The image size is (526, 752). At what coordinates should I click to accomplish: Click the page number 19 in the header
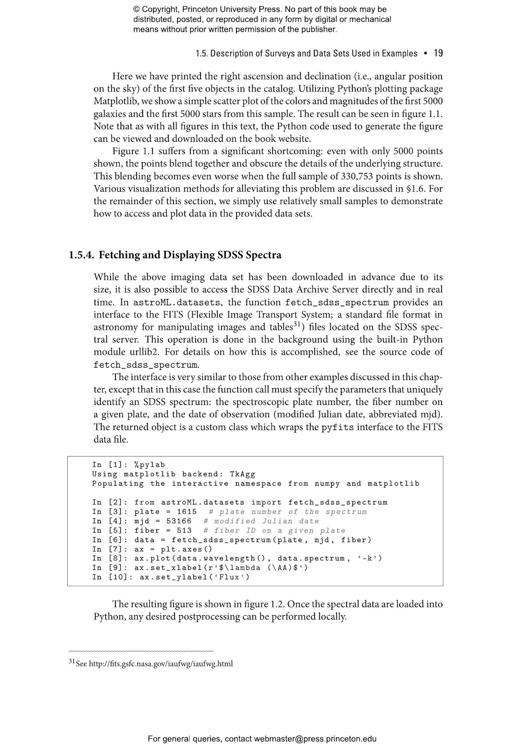tap(438, 53)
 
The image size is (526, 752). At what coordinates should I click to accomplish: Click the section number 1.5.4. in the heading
tap(81, 255)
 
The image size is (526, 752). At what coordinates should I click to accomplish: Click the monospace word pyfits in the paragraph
tap(338, 427)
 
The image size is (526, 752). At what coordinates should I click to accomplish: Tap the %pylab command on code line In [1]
tap(149, 465)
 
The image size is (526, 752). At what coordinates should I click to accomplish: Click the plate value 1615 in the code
tap(187, 512)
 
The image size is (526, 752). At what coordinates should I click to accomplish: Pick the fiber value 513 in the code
tap(184, 531)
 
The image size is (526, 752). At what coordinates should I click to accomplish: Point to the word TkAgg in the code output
tap(242, 474)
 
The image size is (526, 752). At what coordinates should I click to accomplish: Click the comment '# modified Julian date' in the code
tap(261, 521)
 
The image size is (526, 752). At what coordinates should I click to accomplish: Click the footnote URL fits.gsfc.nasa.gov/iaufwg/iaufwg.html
tap(161, 664)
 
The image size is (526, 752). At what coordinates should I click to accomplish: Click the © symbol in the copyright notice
tap(136, 9)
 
